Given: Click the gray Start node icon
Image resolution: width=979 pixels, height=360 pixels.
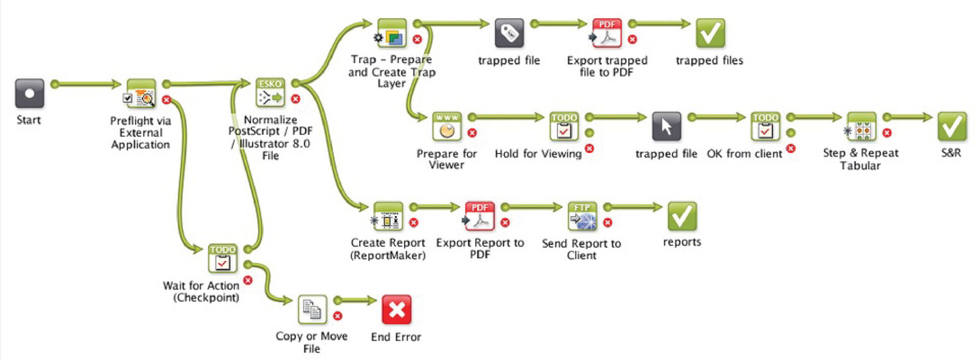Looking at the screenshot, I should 29,93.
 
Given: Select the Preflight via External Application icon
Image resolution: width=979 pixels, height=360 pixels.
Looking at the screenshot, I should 141,93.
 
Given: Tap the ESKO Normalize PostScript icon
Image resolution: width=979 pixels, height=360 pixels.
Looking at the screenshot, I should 270,93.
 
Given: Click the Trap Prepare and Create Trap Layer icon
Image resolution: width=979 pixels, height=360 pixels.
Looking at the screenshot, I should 392,33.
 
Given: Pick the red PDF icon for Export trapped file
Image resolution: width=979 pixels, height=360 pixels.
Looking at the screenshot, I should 607,33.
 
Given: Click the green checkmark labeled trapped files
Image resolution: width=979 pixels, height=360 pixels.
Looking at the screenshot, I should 710,33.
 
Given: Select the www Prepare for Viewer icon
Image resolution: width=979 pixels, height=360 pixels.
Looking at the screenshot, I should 447,127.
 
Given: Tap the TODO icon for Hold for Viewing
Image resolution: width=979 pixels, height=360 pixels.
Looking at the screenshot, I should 564,127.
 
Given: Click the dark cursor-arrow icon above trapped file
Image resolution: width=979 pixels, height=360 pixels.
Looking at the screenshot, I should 666,127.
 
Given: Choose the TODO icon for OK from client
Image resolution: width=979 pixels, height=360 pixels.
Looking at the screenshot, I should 765,127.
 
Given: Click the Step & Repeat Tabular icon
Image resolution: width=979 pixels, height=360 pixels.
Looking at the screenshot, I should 861,127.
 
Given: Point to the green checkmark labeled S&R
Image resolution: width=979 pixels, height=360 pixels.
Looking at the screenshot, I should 952,127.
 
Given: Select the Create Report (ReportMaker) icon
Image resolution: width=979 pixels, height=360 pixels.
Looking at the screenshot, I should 388,217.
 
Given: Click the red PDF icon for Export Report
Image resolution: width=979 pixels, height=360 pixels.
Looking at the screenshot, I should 479,217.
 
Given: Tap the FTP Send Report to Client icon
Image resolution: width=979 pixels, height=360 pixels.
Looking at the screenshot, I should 582,217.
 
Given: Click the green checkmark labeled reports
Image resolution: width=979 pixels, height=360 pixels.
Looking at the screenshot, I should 682,217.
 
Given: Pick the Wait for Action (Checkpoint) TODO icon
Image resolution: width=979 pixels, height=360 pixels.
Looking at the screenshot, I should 223,259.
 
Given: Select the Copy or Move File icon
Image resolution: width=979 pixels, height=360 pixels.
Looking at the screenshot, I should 312,310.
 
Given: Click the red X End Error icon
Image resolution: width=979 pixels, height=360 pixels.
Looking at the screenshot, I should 397,310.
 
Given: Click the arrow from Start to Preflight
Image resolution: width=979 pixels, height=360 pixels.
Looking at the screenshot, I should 86,84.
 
